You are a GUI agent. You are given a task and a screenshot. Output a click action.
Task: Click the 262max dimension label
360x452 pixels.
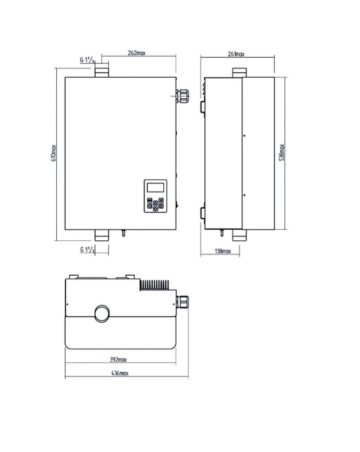click(137, 53)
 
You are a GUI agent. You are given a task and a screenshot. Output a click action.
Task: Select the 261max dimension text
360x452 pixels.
click(236, 54)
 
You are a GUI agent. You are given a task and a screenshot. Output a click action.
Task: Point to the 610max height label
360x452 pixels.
click(54, 153)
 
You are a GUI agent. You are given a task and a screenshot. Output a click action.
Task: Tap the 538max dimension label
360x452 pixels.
click(282, 152)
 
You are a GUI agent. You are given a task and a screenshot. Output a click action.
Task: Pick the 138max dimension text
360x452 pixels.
click(223, 251)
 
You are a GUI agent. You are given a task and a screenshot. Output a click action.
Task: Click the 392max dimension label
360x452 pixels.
click(118, 360)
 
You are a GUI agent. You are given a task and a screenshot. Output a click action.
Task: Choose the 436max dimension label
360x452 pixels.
click(120, 373)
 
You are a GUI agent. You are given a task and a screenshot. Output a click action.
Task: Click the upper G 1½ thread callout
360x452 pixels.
click(87, 60)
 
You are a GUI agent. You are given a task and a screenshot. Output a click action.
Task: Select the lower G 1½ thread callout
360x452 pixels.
click(87, 250)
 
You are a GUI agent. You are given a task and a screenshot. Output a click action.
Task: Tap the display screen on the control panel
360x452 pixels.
click(155, 187)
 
